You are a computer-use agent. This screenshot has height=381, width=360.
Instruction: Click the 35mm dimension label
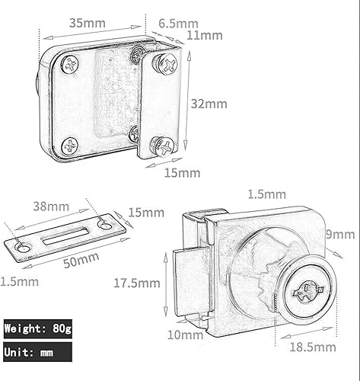tap(88, 22)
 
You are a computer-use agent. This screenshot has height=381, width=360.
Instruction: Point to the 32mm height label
tap(209, 103)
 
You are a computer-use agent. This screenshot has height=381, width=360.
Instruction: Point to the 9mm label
tap(339, 234)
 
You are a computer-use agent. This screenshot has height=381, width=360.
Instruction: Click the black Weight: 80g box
tap(37, 329)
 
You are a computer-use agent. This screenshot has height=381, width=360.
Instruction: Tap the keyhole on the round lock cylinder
tap(308, 290)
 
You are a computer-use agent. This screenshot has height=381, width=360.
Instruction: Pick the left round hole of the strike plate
tap(22, 247)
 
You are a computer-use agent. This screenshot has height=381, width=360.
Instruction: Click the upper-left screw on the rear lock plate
tap(70, 65)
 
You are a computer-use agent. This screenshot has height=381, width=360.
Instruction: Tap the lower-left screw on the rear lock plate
tap(68, 144)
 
